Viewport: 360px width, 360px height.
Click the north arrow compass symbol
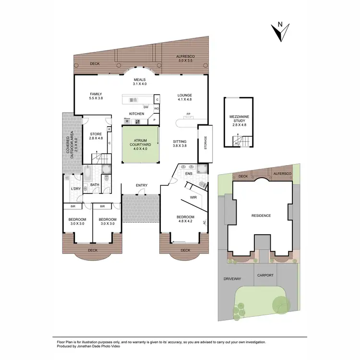tap(278, 31)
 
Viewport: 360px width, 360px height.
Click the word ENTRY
tap(142, 185)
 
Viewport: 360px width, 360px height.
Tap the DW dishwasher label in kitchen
tap(145, 107)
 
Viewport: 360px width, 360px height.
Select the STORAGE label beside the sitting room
tap(205, 142)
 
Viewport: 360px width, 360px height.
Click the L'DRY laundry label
tap(75, 189)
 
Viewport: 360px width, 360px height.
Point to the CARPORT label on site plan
tap(265, 276)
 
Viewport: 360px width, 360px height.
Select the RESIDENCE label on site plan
tap(261, 216)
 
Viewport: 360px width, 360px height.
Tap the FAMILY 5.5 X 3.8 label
tap(96, 96)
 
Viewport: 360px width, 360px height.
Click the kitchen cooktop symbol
tap(138, 121)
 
